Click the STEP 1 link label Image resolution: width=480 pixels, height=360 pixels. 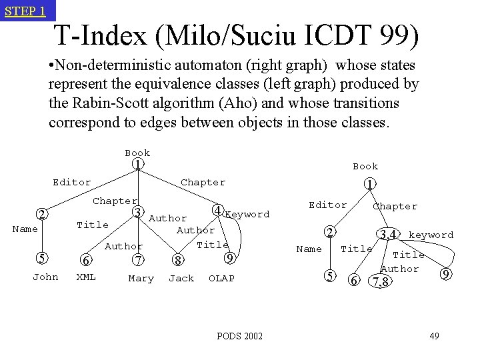pyautogui.click(x=25, y=11)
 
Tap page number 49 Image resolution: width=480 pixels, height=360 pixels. pyautogui.click(x=433, y=335)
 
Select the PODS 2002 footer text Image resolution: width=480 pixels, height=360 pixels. pyautogui.click(x=239, y=336)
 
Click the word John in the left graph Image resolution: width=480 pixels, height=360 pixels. pyautogui.click(x=45, y=277)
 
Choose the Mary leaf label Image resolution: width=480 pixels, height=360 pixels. pyautogui.click(x=141, y=278)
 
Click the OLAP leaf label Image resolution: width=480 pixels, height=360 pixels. pyautogui.click(x=221, y=278)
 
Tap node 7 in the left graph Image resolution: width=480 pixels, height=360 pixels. pyautogui.click(x=138, y=259)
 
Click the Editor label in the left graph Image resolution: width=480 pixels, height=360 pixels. pyautogui.click(x=72, y=182)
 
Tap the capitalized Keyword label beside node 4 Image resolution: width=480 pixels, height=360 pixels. pyautogui.click(x=248, y=214)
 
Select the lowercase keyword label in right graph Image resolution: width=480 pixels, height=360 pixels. pyautogui.click(x=431, y=235)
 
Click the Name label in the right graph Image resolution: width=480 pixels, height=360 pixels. pyautogui.click(x=309, y=249)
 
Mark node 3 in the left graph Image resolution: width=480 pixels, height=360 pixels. pyautogui.click(x=137, y=212)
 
